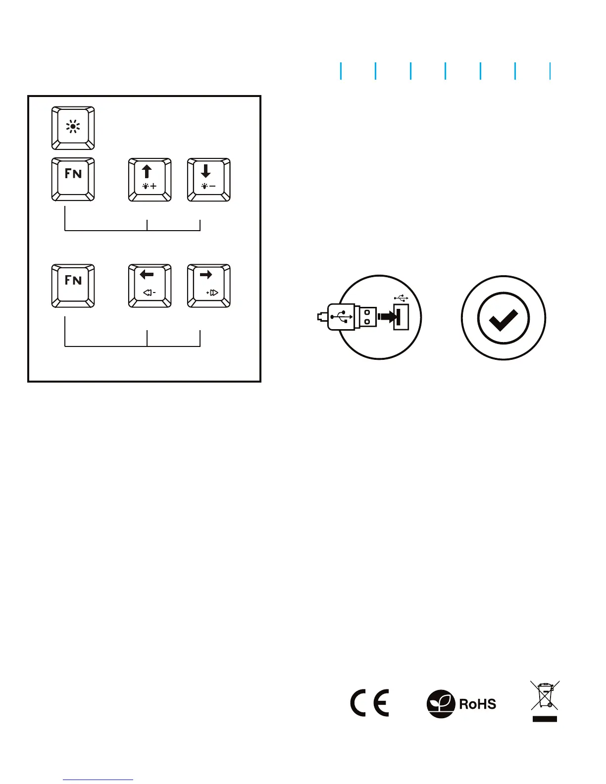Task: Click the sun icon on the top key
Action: (x=73, y=127)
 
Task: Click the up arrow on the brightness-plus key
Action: (x=147, y=171)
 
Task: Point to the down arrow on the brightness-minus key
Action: (x=206, y=171)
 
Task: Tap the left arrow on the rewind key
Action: (x=147, y=275)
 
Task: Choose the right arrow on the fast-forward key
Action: (x=206, y=275)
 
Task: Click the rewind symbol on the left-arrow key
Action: (x=149, y=293)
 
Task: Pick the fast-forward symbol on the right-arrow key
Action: (x=212, y=293)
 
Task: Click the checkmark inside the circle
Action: (x=503, y=318)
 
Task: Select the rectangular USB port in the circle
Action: (x=402, y=317)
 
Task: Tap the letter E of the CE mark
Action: (x=381, y=703)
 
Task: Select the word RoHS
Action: (x=477, y=704)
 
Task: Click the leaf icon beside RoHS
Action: (x=441, y=704)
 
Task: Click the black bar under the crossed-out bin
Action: (x=545, y=719)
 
